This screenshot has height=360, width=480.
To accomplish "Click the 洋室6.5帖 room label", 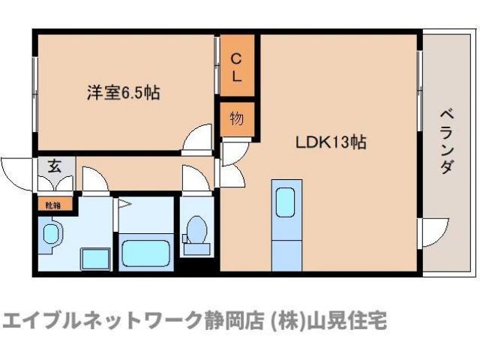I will (123, 94).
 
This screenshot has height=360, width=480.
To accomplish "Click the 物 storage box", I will (235, 118).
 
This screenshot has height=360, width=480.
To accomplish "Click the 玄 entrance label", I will (55, 166).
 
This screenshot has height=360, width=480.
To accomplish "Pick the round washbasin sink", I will (52, 233).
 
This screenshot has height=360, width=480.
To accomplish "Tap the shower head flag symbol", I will (118, 203).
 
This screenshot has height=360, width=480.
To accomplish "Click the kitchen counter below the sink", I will (286, 247).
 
